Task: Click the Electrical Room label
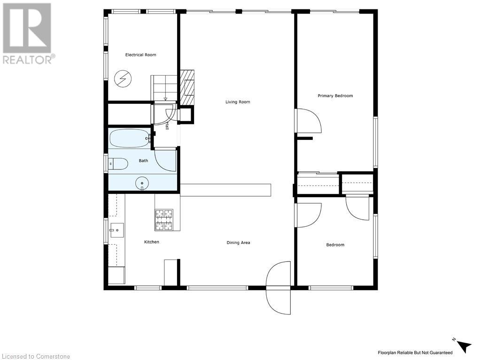140,55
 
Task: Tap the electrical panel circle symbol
123,79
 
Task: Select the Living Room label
238,102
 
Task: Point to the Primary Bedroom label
335,96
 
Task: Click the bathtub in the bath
130,138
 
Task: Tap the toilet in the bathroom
118,164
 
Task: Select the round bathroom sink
142,183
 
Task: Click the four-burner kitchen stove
164,220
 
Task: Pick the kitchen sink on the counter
116,230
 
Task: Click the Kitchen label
152,242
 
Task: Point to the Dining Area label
238,243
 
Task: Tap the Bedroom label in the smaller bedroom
335,245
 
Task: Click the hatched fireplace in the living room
187,86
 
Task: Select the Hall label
167,126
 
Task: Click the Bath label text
143,161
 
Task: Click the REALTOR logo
28,34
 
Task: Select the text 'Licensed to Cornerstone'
35,356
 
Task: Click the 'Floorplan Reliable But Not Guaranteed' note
415,352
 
